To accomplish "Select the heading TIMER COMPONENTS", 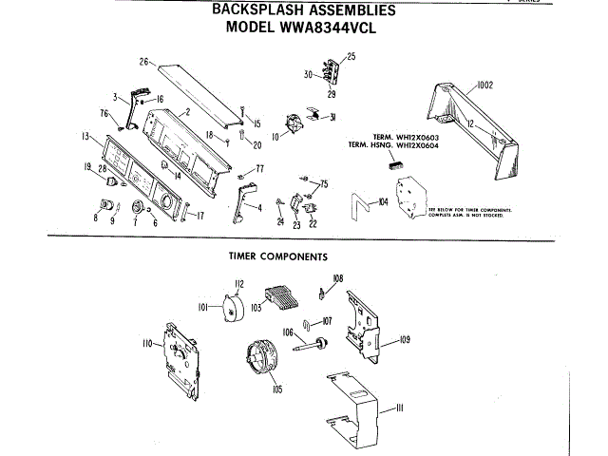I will pyautogui.click(x=278, y=256).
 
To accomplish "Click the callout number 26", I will pyautogui.click(x=144, y=62).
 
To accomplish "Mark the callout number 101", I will pyautogui.click(x=202, y=307).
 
